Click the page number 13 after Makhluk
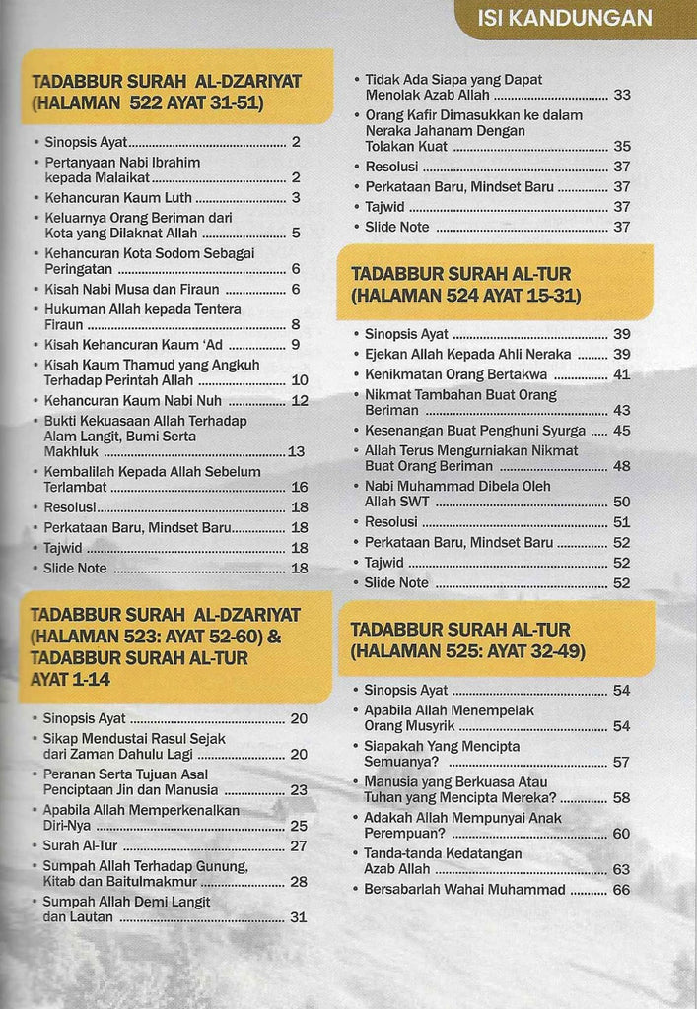pos(297,451)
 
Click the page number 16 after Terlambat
pos(299,487)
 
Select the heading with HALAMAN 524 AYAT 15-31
pos(474,284)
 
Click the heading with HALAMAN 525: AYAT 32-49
pos(474,639)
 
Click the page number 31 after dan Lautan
pos(298,916)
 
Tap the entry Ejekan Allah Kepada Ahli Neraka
pos(467,354)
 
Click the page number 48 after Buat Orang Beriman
pos(621,466)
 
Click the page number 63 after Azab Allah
pos(620,869)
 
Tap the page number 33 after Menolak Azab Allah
pos(621,96)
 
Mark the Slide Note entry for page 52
pos(396,582)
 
